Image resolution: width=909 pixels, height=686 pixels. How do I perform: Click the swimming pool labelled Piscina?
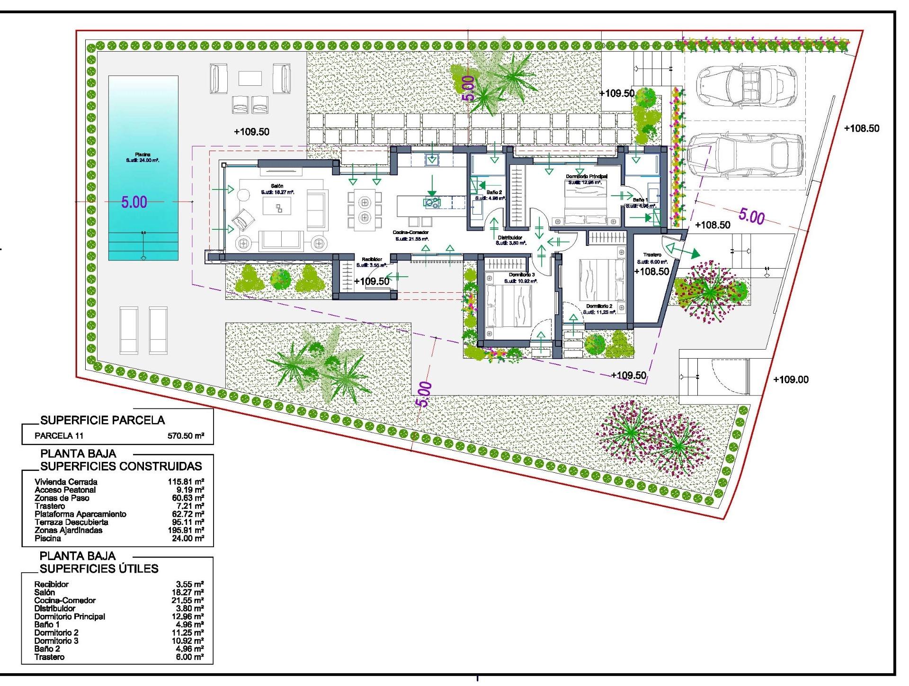click(x=143, y=168)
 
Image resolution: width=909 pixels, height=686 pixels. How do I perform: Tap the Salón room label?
click(x=277, y=186)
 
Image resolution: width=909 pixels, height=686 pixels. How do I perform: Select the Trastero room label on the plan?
click(x=652, y=255)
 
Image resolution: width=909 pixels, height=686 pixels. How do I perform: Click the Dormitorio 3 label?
click(x=522, y=275)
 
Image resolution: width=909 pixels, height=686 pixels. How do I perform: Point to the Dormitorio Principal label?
click(x=587, y=176)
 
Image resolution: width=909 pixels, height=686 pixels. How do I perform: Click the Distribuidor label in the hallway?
click(x=510, y=237)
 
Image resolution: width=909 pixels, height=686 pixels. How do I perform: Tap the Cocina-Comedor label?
click(x=410, y=233)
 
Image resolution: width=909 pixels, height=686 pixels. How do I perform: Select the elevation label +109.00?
click(x=791, y=379)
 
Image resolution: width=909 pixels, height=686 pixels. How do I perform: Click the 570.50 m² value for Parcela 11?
click(x=186, y=436)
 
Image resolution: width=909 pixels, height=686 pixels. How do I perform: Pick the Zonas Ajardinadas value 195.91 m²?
click(x=186, y=530)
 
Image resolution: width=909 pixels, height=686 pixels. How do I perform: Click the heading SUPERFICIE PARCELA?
click(x=103, y=420)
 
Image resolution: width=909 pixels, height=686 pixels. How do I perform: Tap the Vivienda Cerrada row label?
click(x=66, y=482)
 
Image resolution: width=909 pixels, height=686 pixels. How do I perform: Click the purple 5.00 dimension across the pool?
click(x=134, y=202)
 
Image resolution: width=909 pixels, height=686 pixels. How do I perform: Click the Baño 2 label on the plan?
click(x=494, y=192)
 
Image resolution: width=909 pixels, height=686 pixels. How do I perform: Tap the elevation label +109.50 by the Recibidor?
click(x=372, y=281)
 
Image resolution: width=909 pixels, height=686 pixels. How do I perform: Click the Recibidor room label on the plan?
click(x=372, y=259)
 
